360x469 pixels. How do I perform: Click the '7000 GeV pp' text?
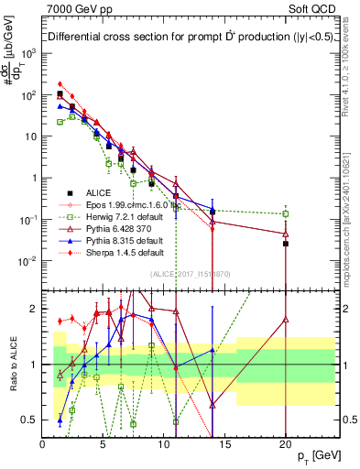75,10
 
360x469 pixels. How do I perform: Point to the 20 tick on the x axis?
286,444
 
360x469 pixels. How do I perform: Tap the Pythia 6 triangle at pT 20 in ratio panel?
286,320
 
